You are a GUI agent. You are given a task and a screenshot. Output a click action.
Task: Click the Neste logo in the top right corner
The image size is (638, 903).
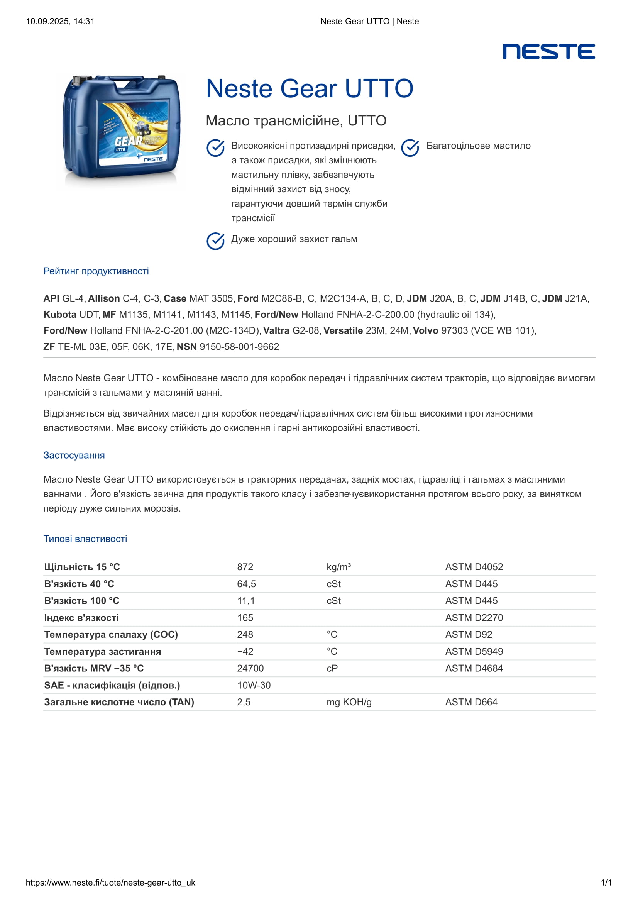click(x=548, y=51)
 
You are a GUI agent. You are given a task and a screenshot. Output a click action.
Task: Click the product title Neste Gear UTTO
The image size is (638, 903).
click(x=310, y=88)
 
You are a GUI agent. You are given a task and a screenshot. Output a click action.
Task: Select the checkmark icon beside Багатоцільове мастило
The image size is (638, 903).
click(x=410, y=148)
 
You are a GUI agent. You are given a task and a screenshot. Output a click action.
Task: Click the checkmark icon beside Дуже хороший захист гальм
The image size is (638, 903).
click(x=215, y=241)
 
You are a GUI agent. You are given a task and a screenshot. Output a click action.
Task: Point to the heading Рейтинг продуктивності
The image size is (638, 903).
click(x=96, y=271)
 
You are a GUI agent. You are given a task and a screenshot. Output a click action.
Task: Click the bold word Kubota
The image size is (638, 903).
click(x=60, y=315)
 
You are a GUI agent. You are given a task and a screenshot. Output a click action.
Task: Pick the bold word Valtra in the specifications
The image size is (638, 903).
click(x=276, y=331)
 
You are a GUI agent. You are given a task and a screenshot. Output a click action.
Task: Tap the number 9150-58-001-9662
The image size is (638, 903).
click(x=239, y=347)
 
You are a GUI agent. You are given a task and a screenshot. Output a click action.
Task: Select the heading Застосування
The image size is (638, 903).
click(x=74, y=455)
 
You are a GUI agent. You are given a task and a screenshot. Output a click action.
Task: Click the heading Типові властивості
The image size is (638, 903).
click(x=85, y=539)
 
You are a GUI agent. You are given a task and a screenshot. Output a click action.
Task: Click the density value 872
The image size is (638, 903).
click(x=245, y=567)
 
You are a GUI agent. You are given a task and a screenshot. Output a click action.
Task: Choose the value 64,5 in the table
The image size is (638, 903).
click(x=246, y=584)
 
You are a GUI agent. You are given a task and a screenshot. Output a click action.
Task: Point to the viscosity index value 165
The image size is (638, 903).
click(x=245, y=617)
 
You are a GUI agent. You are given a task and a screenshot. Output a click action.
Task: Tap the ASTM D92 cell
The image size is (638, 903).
click(x=469, y=634)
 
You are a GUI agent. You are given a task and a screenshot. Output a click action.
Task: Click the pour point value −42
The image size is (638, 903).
click(x=245, y=651)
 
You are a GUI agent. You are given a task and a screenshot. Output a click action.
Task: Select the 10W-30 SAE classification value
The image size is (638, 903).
click(x=254, y=685)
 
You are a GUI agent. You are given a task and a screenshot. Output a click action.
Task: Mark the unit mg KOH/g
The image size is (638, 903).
click(x=349, y=702)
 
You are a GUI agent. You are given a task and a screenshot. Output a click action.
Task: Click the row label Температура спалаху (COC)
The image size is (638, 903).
click(x=111, y=634)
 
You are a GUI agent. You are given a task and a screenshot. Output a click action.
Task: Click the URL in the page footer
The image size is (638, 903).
click(x=110, y=883)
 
